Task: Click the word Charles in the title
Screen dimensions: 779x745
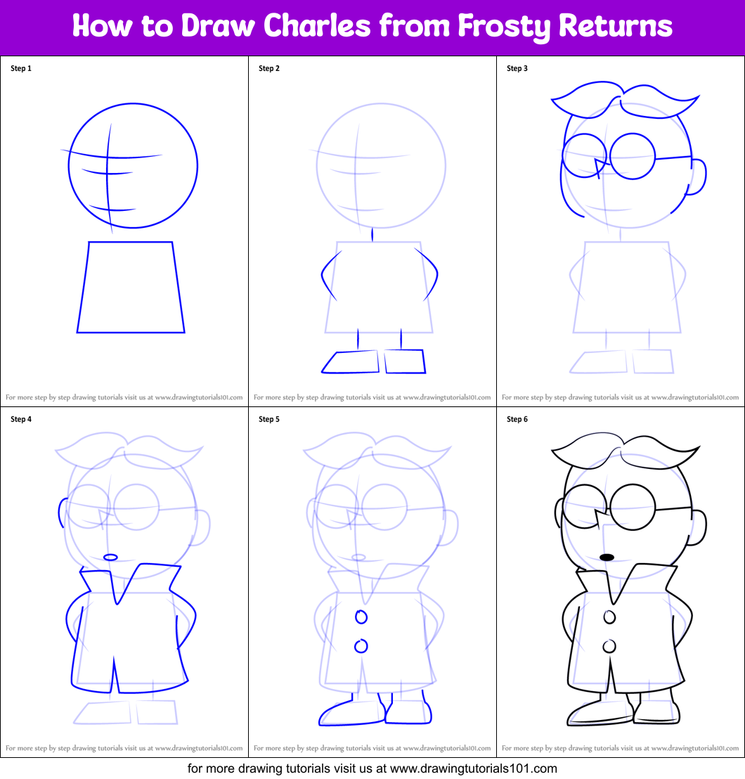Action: (x=320, y=27)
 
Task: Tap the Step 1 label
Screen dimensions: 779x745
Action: (x=21, y=68)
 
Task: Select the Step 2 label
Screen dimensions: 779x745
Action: (x=269, y=68)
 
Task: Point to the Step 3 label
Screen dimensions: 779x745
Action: (x=517, y=68)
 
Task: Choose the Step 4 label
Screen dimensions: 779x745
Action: (x=21, y=419)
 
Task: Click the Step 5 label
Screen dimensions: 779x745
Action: (x=269, y=419)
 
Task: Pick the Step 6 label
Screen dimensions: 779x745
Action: (x=517, y=419)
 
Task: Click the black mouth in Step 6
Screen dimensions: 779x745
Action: (x=607, y=558)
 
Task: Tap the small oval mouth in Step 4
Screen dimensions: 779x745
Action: (x=110, y=558)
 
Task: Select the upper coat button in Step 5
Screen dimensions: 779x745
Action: (x=361, y=617)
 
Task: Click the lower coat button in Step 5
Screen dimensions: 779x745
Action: (x=361, y=645)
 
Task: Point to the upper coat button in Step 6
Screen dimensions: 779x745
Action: (x=609, y=617)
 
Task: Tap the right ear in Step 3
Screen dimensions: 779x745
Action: (x=698, y=176)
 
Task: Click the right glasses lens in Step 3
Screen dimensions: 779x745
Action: (x=633, y=157)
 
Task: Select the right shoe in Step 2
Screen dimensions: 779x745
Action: (x=405, y=362)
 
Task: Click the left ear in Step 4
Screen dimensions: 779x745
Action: (x=62, y=513)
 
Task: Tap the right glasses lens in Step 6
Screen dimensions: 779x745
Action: (x=633, y=507)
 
